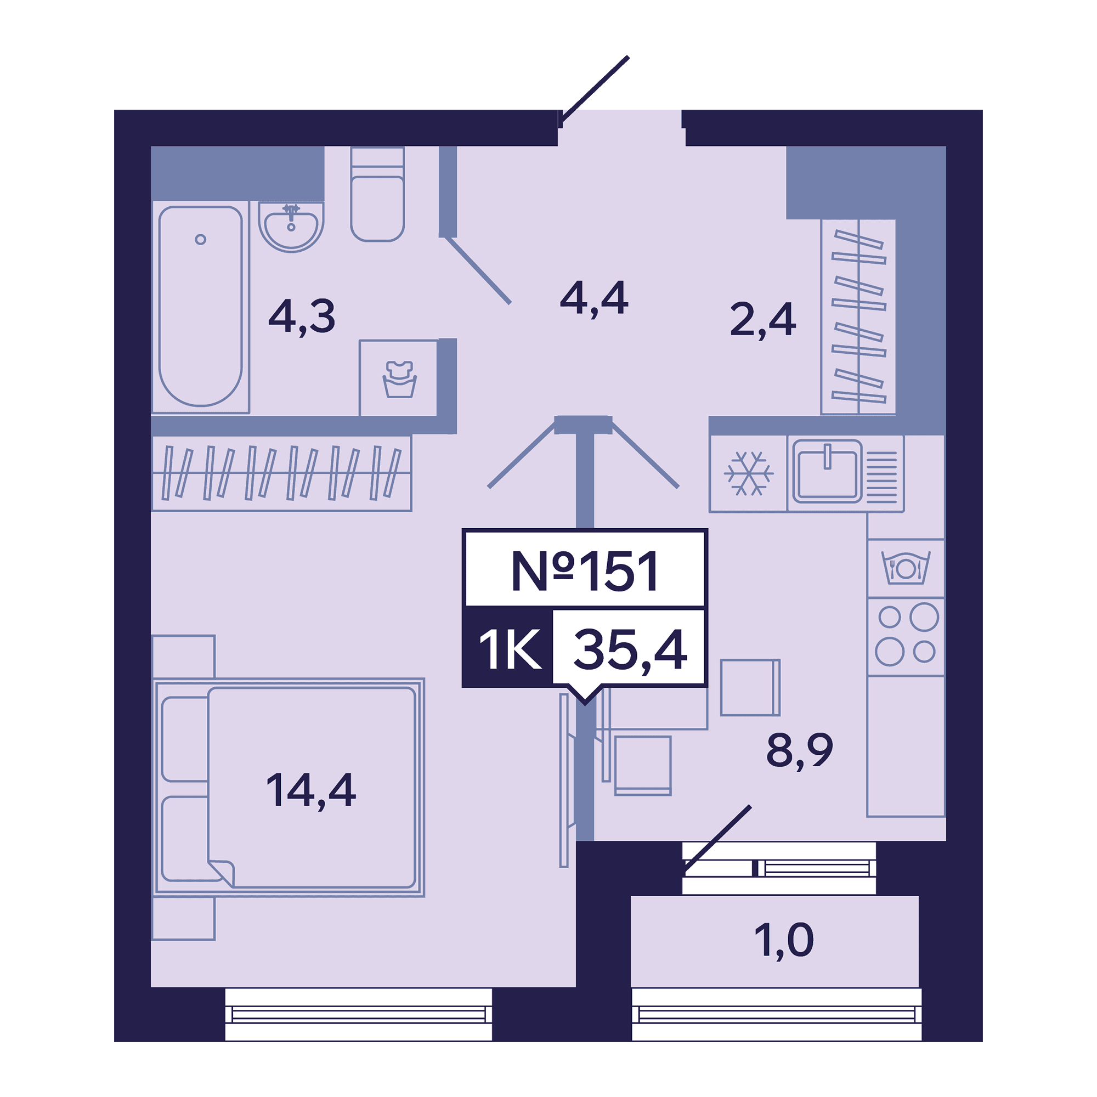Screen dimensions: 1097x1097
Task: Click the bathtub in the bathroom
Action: pyautogui.click(x=200, y=306)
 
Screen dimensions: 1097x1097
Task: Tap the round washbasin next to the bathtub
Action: pyautogui.click(x=291, y=227)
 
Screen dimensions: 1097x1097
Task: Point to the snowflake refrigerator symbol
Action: pyautogui.click(x=748, y=473)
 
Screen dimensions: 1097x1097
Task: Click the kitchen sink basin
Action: pyautogui.click(x=827, y=472)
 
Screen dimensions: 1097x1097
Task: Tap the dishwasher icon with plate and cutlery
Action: pyautogui.click(x=906, y=568)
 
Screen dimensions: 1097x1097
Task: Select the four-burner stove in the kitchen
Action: pyautogui.click(x=906, y=636)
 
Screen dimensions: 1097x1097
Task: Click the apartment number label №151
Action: pyautogui.click(x=585, y=570)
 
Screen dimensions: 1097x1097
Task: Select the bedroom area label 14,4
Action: pyautogui.click(x=311, y=790)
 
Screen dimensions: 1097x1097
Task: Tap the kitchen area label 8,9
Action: pyautogui.click(x=800, y=751)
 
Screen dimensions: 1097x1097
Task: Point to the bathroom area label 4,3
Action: pyautogui.click(x=302, y=317)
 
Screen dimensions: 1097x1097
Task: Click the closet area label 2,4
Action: pyautogui.click(x=763, y=320)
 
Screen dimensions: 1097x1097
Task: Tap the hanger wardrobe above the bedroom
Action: pyautogui.click(x=281, y=473)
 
